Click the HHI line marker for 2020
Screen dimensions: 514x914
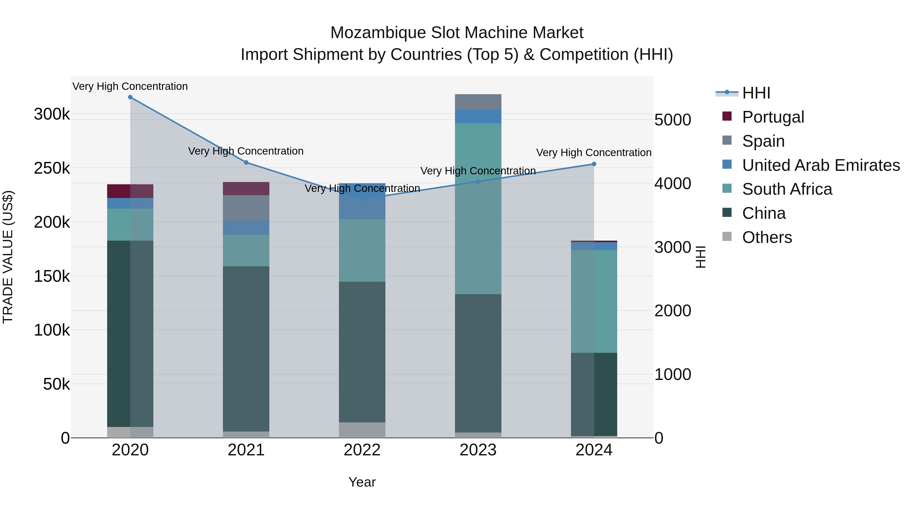(130, 97)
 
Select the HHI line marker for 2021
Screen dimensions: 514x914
(246, 162)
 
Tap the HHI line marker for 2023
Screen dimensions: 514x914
(478, 182)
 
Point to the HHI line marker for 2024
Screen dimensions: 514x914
(594, 164)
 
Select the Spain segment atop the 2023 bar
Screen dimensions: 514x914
(478, 102)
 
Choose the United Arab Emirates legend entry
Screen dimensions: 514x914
(821, 165)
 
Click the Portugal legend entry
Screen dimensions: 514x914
(773, 117)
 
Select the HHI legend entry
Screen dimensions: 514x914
(756, 93)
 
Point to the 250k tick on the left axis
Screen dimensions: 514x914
(52, 169)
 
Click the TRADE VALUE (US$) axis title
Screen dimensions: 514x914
(8, 257)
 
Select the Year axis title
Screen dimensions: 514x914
(362, 482)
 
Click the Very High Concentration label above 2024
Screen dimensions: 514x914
(594, 153)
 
